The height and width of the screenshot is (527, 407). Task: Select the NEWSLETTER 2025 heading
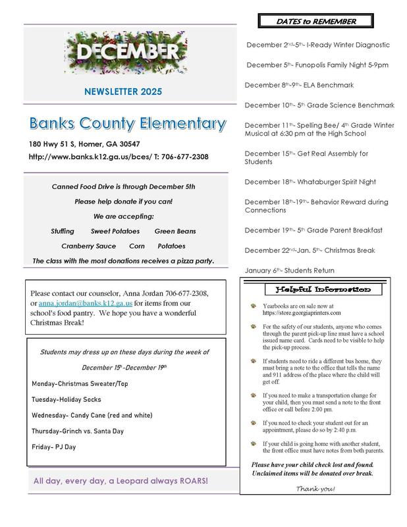(x=124, y=92)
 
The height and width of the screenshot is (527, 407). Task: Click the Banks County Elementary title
(x=127, y=123)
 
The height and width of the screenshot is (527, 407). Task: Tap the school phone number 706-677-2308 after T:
(x=186, y=157)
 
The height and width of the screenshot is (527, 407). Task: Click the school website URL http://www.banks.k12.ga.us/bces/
(x=90, y=157)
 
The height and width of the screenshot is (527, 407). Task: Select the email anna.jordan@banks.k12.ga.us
(x=86, y=303)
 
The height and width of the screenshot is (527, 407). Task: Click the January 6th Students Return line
(x=289, y=270)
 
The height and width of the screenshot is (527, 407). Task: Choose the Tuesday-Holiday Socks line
(x=67, y=399)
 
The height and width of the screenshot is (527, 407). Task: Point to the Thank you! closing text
(x=315, y=487)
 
